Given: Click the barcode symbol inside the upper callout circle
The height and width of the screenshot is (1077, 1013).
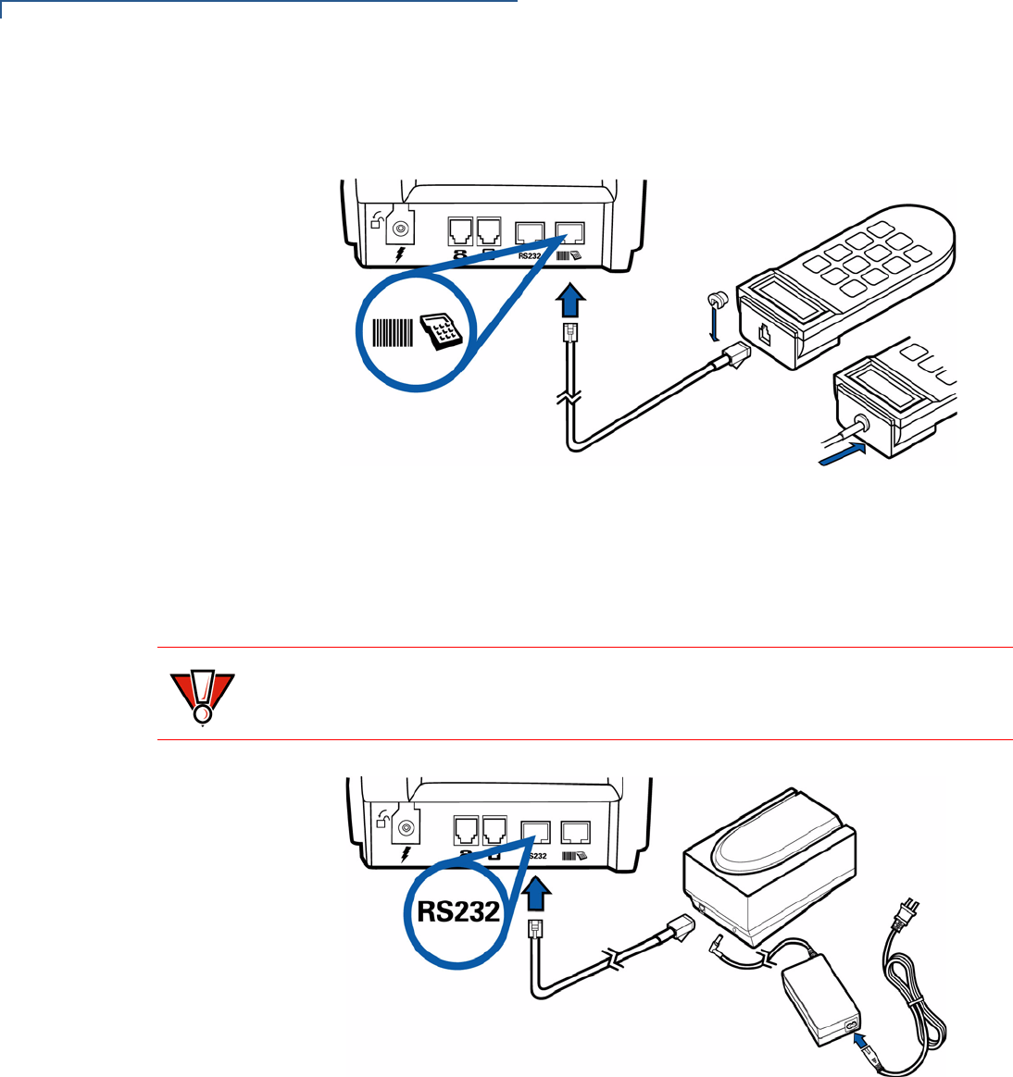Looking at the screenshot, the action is (393, 332).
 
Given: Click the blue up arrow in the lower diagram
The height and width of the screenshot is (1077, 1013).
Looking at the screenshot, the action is (537, 895).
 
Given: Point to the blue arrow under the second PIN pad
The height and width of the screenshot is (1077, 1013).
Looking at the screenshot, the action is (842, 454).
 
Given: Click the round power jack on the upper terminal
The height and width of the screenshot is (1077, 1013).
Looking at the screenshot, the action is (402, 229).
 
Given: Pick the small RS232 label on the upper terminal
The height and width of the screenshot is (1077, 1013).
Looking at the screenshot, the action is (530, 255).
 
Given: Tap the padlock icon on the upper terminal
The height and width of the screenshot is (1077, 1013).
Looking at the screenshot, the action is (378, 220).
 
